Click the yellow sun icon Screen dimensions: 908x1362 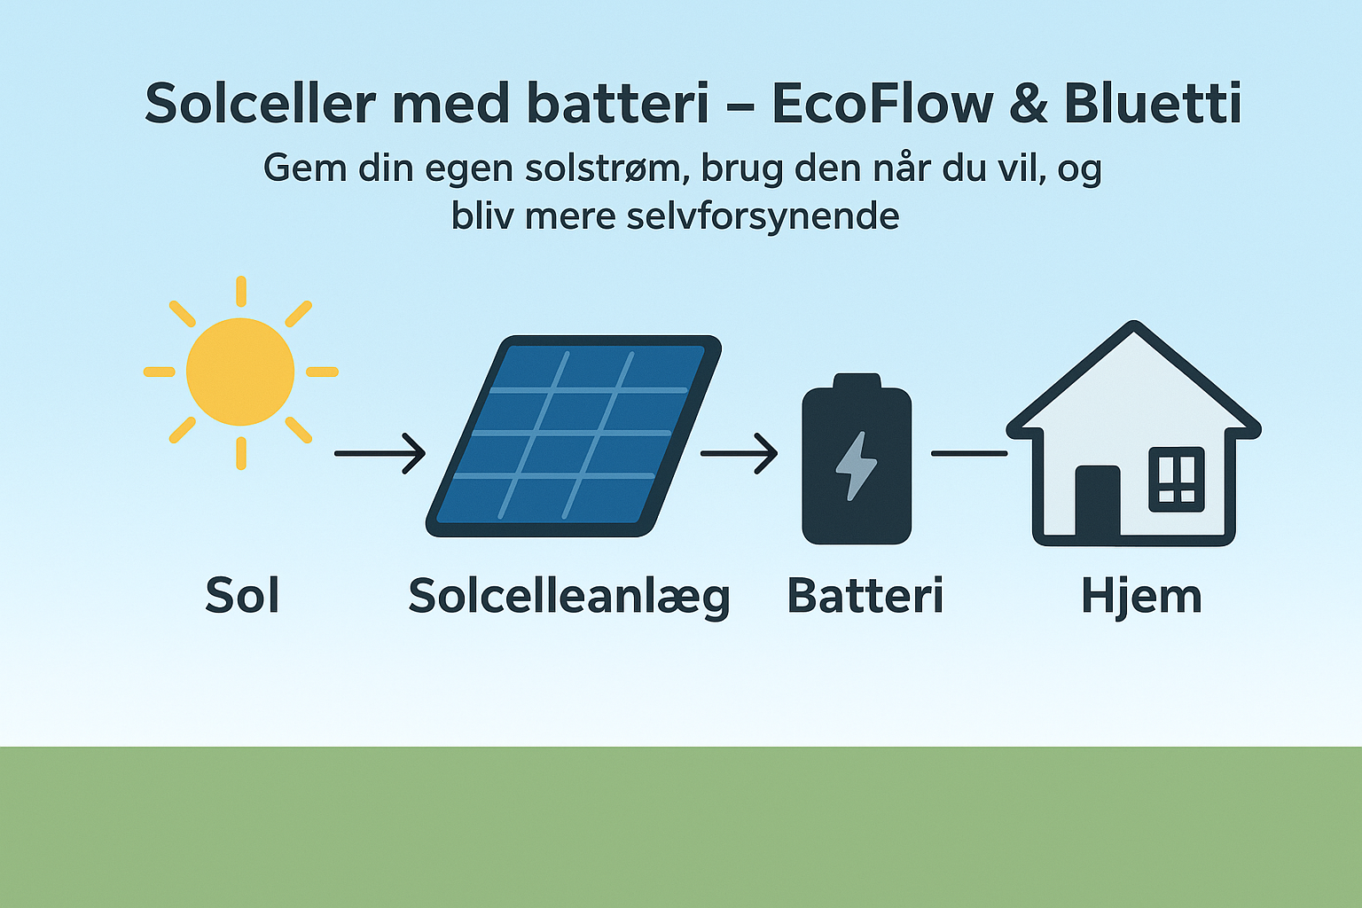240,372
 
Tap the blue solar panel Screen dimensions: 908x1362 574,434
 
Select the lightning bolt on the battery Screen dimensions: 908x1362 857,466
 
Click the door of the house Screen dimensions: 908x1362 1098,501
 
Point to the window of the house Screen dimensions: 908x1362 1177,480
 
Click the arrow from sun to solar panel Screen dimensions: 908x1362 380,453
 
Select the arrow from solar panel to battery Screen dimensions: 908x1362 739,453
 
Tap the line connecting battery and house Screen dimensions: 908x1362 968,453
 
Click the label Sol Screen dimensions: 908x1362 242,595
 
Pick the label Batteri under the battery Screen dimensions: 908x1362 865,595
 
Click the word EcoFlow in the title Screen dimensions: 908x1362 881,104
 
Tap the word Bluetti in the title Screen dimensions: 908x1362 1152,104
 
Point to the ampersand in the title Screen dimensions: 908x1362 1029,104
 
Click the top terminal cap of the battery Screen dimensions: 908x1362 857,381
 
